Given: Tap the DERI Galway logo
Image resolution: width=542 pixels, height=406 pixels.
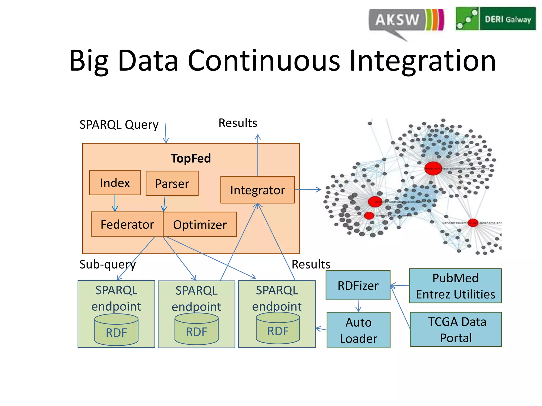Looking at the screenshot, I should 495,19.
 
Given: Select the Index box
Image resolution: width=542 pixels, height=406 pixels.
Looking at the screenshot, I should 115,183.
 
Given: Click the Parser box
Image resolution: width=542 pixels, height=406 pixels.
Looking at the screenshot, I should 172,183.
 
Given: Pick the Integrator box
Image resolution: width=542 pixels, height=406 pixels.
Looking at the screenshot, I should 258,190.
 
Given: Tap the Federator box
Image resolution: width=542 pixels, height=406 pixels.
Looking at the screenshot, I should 127,224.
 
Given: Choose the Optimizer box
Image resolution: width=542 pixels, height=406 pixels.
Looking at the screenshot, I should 200,225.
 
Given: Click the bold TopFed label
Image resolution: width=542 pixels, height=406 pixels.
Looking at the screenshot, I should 191,158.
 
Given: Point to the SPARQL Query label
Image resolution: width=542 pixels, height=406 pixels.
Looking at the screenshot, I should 119,124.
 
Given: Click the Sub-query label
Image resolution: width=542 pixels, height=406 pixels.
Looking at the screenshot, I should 107,264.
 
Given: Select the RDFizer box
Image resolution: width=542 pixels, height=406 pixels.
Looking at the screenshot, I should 358,285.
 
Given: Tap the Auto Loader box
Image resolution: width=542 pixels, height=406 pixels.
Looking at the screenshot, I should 358,330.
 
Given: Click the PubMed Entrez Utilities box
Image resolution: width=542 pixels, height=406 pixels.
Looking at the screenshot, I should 455,286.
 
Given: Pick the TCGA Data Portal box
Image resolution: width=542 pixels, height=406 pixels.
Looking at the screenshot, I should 456,330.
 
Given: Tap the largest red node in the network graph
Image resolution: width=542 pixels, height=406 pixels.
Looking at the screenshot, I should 433,168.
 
